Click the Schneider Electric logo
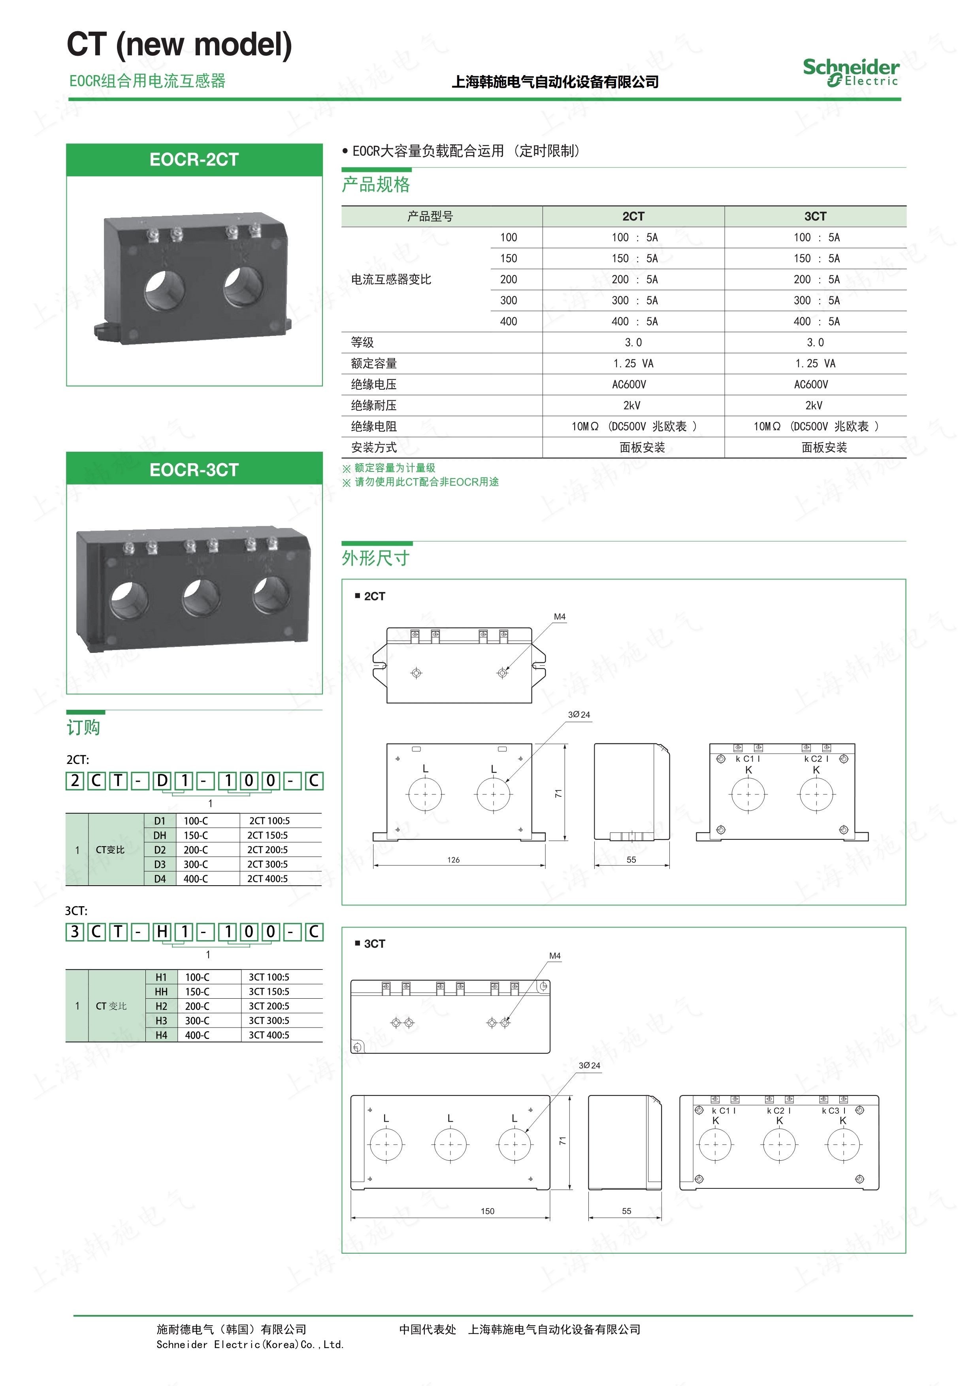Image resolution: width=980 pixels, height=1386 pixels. tap(851, 72)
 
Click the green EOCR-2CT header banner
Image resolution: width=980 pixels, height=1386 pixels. tap(194, 159)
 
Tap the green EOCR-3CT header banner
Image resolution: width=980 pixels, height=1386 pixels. tap(194, 469)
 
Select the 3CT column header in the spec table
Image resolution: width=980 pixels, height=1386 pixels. tap(815, 216)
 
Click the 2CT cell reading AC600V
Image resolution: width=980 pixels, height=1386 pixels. tap(629, 385)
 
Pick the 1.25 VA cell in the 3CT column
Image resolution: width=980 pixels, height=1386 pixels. tap(815, 364)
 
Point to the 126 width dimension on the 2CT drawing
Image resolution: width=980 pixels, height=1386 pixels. tap(453, 860)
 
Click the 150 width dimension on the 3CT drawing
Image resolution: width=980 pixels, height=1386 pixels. tap(488, 1211)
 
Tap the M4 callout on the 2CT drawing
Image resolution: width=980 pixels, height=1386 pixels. tap(560, 617)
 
